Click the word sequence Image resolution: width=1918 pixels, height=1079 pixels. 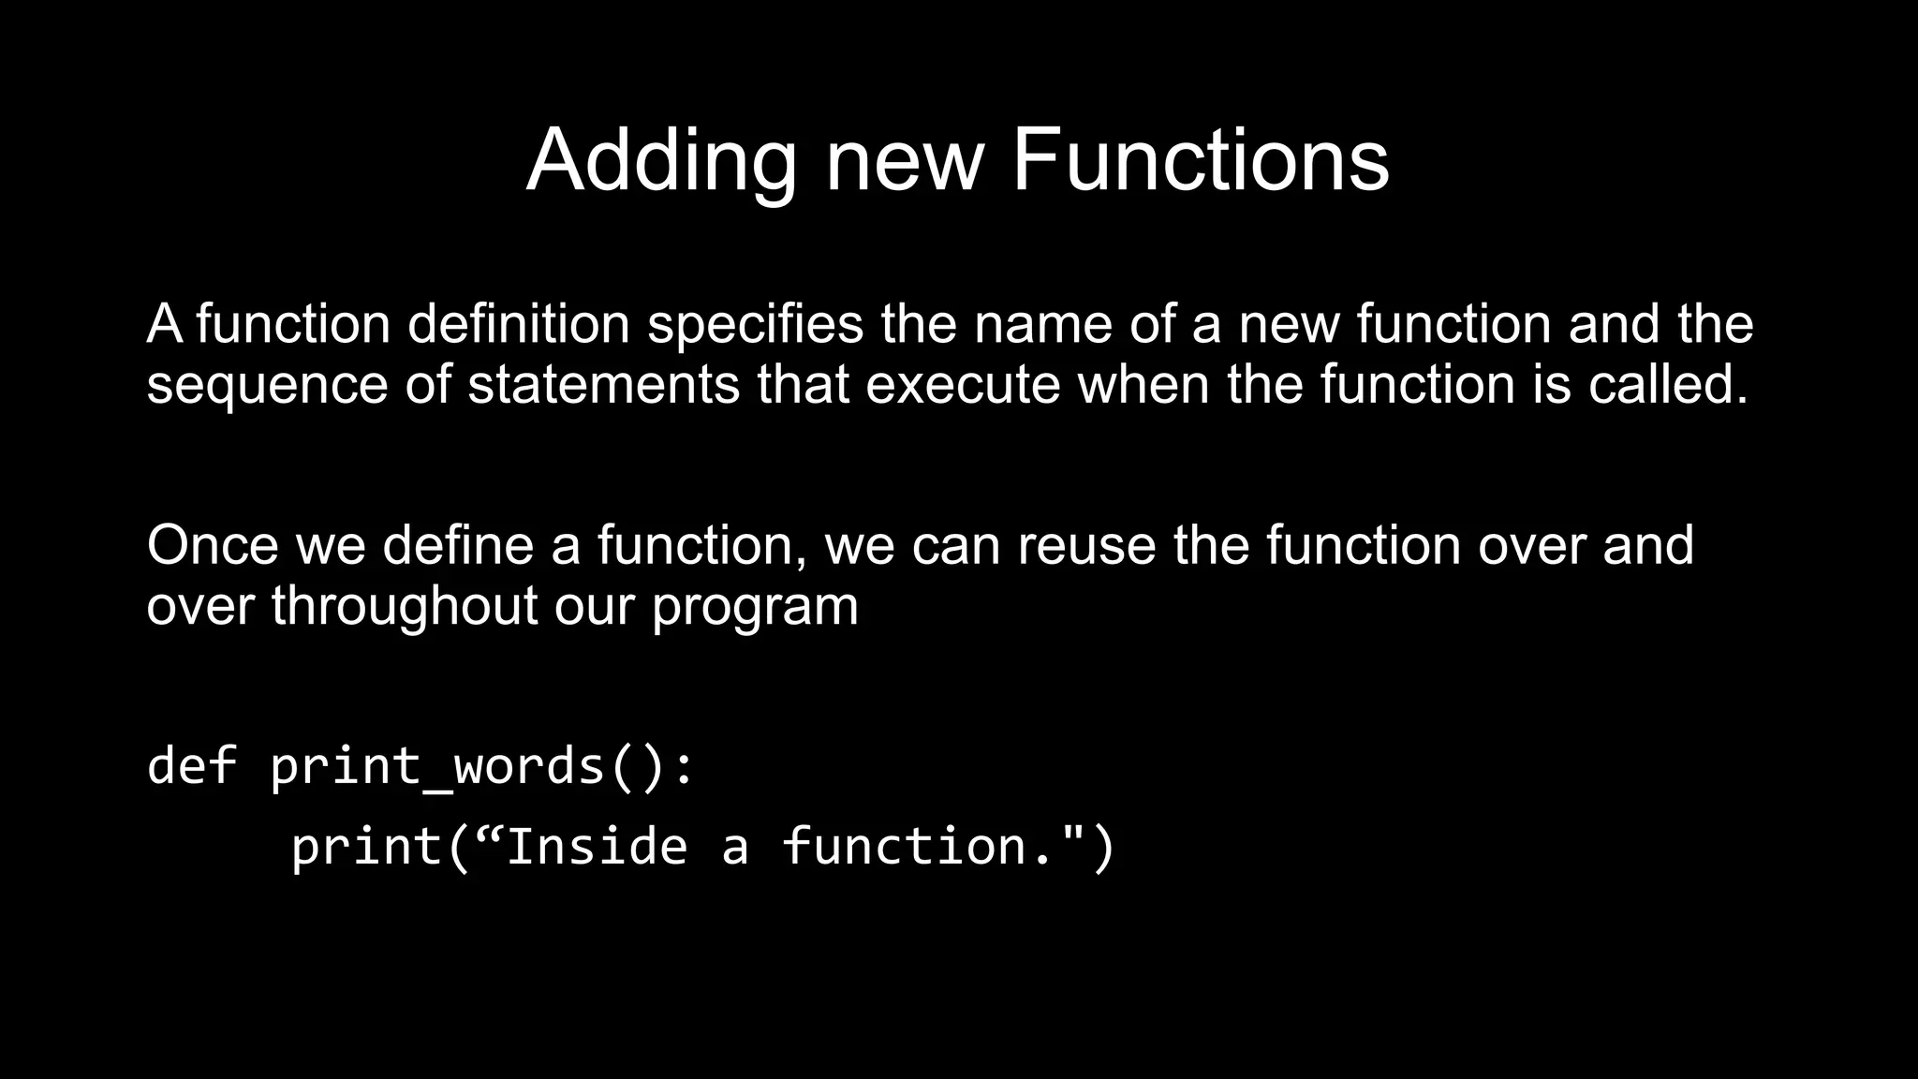[x=267, y=385]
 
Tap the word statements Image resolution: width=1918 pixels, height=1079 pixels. [x=603, y=385]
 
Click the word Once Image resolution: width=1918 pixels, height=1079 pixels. [x=213, y=545]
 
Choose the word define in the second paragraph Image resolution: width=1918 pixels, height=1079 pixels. [x=458, y=545]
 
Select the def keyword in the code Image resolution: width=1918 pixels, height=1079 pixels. [x=192, y=764]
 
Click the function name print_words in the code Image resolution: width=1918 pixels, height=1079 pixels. [x=437, y=766]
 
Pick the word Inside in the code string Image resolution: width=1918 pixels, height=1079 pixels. [x=597, y=846]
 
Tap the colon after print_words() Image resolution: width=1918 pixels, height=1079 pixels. [x=685, y=766]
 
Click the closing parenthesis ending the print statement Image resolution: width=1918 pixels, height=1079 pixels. [x=1103, y=846]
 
